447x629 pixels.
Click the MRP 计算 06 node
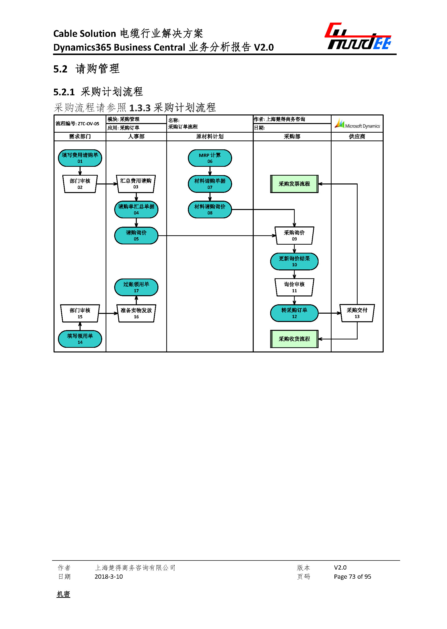(210, 158)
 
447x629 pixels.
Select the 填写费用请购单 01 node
(80, 158)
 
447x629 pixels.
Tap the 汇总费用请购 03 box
(136, 184)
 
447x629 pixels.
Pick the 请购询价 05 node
(136, 235)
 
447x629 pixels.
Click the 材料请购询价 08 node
(210, 210)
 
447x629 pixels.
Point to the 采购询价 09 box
(294, 235)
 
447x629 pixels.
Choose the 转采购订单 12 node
(294, 313)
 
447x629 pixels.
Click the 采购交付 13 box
(357, 313)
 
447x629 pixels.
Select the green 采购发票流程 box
(294, 184)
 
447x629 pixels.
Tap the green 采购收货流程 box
(294, 339)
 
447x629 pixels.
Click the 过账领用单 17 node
(136, 287)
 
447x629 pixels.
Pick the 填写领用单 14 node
(80, 339)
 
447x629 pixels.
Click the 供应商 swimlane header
(357, 136)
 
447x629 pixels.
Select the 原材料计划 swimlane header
(210, 136)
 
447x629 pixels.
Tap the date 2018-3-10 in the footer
(109, 576)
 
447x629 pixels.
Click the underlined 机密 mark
(63, 594)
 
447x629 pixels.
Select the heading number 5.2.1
(64, 92)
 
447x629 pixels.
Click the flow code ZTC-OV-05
(88, 124)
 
